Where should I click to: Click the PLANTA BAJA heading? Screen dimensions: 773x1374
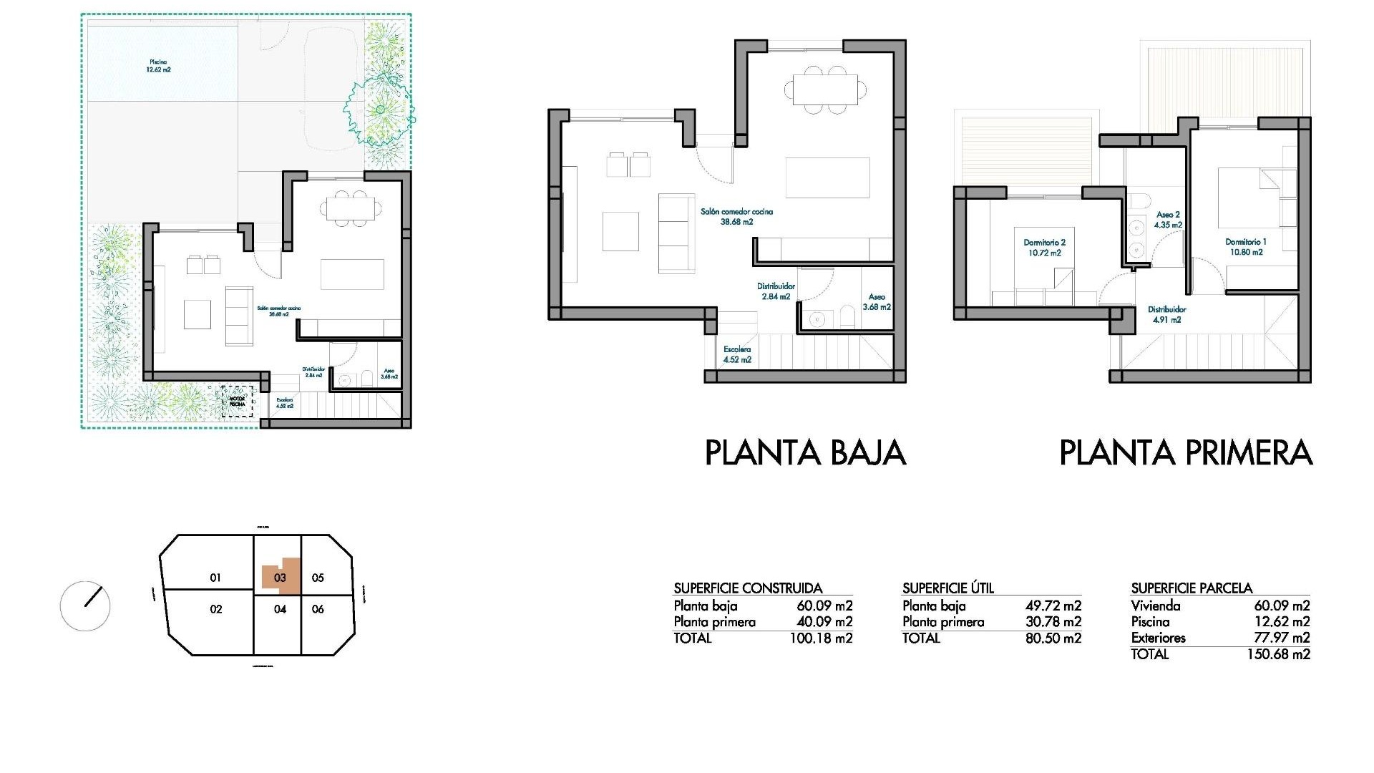click(805, 453)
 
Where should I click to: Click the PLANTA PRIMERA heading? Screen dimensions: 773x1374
click(1185, 453)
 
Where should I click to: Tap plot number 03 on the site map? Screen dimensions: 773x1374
click(280, 578)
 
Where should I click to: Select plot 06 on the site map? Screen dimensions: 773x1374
click(318, 609)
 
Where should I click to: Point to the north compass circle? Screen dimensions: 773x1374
click(85, 606)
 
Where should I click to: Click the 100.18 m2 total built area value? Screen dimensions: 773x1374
click(821, 638)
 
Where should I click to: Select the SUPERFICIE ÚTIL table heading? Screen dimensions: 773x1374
click(947, 588)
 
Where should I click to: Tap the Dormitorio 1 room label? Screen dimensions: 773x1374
click(1245, 247)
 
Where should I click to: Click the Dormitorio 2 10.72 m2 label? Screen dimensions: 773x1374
click(1044, 248)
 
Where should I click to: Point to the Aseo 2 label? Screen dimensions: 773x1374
click(1168, 219)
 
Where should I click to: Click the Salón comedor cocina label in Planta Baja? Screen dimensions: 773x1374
click(736, 216)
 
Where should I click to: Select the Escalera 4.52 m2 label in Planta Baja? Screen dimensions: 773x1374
click(737, 354)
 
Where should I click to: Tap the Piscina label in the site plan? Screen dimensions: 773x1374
click(158, 66)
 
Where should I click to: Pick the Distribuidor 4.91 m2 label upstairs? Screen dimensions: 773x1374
click(1166, 315)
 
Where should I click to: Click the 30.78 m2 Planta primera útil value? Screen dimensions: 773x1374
click(1053, 622)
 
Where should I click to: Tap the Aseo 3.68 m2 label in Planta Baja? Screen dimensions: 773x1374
click(877, 301)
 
